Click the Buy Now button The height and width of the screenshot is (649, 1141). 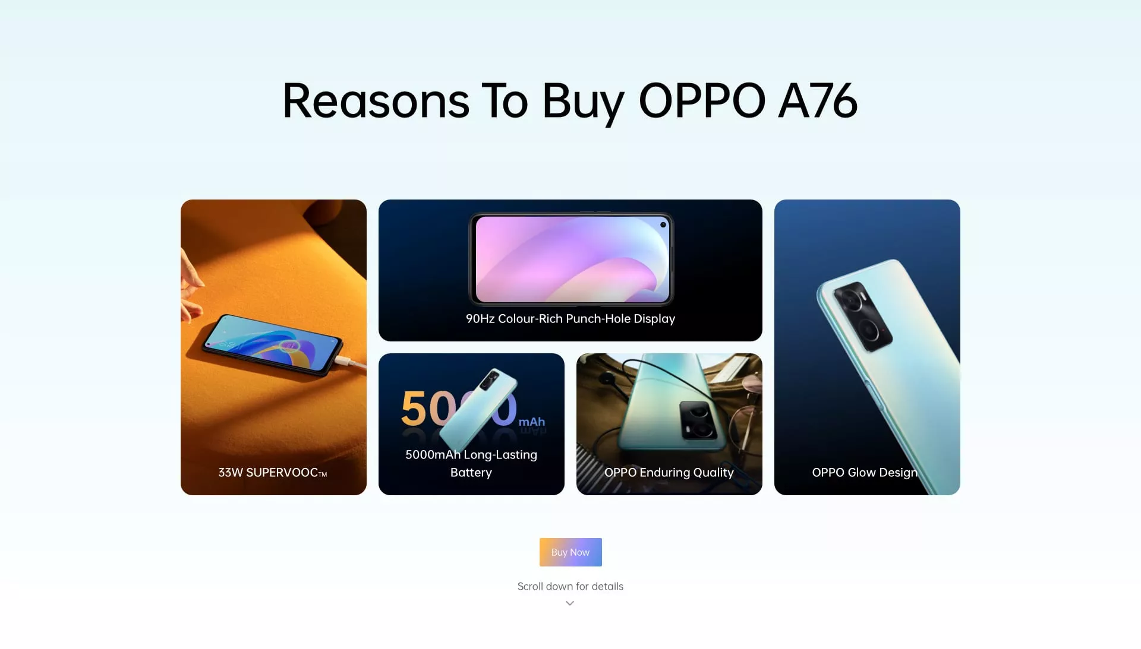click(570, 552)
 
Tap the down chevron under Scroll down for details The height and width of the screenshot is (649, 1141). click(570, 603)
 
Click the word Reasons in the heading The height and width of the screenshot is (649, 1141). click(376, 101)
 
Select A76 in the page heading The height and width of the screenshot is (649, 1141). click(818, 101)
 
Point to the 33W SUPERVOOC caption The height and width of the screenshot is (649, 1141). click(273, 473)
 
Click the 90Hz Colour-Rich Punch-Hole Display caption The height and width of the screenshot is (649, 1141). click(570, 319)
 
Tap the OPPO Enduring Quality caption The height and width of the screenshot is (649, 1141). click(669, 473)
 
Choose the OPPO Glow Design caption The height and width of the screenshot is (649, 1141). click(865, 473)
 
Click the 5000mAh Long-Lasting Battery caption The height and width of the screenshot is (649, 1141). click(471, 463)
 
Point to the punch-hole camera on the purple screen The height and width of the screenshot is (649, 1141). click(663, 225)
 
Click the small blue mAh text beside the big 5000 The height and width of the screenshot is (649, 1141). click(532, 422)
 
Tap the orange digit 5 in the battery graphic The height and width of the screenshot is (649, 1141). click(414, 409)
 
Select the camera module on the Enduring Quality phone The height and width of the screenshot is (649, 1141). click(698, 420)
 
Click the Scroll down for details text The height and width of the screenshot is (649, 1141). click(570, 586)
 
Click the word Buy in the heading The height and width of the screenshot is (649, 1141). click(582, 101)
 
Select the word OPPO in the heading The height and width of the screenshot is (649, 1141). click(702, 101)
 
